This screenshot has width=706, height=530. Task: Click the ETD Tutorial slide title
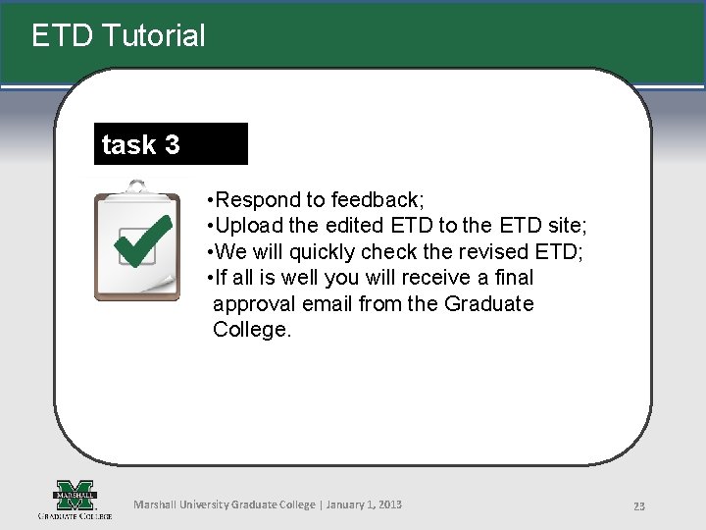(118, 36)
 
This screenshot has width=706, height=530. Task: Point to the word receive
(435, 278)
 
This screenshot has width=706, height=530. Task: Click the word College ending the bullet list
(251, 330)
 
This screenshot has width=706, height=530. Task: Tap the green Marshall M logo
(75, 493)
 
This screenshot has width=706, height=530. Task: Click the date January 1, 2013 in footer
(363, 504)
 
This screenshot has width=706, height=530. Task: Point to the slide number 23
(638, 505)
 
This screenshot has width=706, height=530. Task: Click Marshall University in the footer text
(180, 504)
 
